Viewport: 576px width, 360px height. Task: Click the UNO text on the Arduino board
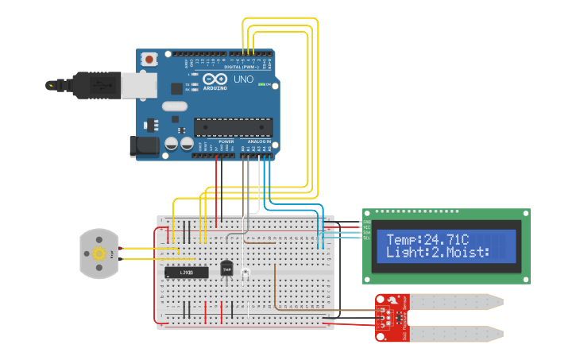coord(239,79)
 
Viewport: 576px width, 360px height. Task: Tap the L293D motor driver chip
coord(186,273)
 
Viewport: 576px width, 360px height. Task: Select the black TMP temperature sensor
coord(226,269)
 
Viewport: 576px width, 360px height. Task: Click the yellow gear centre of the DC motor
coord(99,254)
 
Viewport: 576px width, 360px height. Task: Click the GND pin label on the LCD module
coord(367,222)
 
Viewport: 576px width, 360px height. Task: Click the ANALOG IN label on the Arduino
coord(258,141)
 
